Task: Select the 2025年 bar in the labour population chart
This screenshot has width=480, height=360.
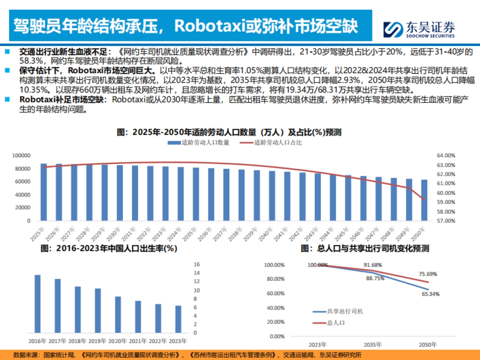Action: tap(44, 192)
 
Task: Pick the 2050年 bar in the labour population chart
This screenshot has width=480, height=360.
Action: tap(424, 200)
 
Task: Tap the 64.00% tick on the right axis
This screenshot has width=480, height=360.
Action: tap(446, 155)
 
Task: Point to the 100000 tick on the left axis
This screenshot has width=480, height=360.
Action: tap(22, 155)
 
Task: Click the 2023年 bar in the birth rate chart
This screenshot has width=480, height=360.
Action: tap(178, 319)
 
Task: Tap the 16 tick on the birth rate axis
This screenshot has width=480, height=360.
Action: tap(196, 264)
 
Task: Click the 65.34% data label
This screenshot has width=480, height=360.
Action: tap(431, 294)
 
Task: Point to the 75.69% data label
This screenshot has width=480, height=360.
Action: tap(428, 274)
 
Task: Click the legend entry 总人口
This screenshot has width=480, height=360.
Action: tap(336, 322)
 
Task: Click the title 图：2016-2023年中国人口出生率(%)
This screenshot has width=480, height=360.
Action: tap(109, 248)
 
